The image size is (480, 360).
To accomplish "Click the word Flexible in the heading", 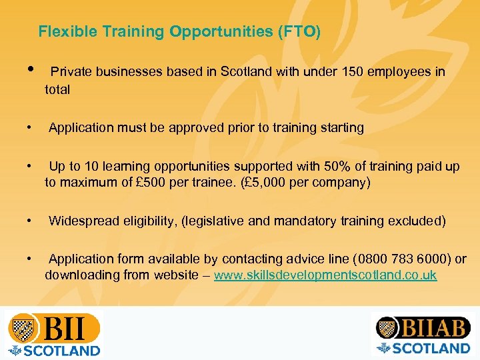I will [61, 31].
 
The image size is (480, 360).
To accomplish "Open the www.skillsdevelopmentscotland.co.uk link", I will [325, 275].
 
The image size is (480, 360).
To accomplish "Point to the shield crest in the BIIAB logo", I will [386, 328].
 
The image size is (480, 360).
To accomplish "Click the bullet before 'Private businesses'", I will [31, 71].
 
